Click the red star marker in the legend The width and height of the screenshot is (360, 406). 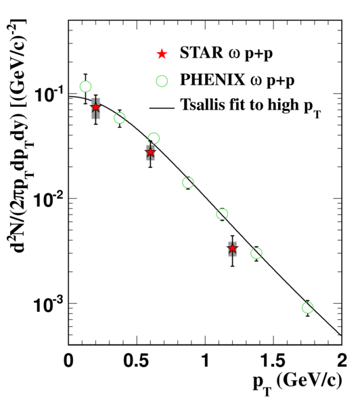pyautogui.click(x=162, y=54)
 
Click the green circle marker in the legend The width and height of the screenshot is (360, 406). pyautogui.click(x=162, y=81)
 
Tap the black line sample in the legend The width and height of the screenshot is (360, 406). pyautogui.click(x=162, y=108)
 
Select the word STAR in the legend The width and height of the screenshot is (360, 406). pyautogui.click(x=201, y=53)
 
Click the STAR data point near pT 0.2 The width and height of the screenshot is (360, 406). pyautogui.click(x=96, y=107)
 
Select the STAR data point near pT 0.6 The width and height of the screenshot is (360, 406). pyautogui.click(x=150, y=152)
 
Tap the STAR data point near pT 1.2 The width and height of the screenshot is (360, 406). pyautogui.click(x=233, y=248)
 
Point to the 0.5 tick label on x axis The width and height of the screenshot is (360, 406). pyautogui.click(x=137, y=361)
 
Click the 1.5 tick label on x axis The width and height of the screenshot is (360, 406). pyautogui.click(x=273, y=361)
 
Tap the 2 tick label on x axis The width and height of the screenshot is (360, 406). pyautogui.click(x=342, y=361)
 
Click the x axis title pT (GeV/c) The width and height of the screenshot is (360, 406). pyautogui.click(x=297, y=384)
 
